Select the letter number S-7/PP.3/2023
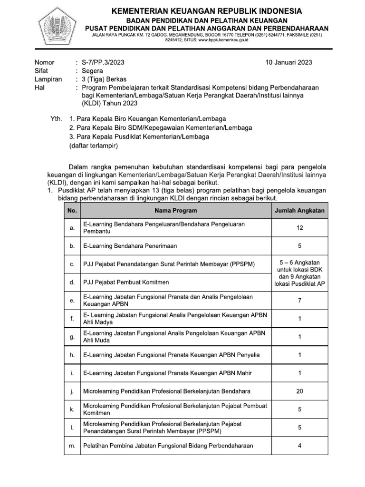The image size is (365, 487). pos(104,62)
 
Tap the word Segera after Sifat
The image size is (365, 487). pos(93,71)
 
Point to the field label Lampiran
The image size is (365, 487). pos(48,79)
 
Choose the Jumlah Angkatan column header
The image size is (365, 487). pos(299,210)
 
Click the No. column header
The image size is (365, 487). pos(72,210)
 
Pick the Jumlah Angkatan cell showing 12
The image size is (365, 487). pos(299,228)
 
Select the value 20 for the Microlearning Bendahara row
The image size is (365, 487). pos(299,391)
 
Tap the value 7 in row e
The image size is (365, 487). pos(299,301)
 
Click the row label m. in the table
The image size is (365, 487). pos(72,446)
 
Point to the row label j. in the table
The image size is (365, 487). pos(72,391)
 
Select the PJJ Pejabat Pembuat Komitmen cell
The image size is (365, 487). pos(126,282)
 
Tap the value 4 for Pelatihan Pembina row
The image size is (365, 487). pos(299,446)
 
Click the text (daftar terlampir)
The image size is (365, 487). pos(93,146)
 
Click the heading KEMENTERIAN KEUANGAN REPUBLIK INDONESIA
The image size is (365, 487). pos(206,11)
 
